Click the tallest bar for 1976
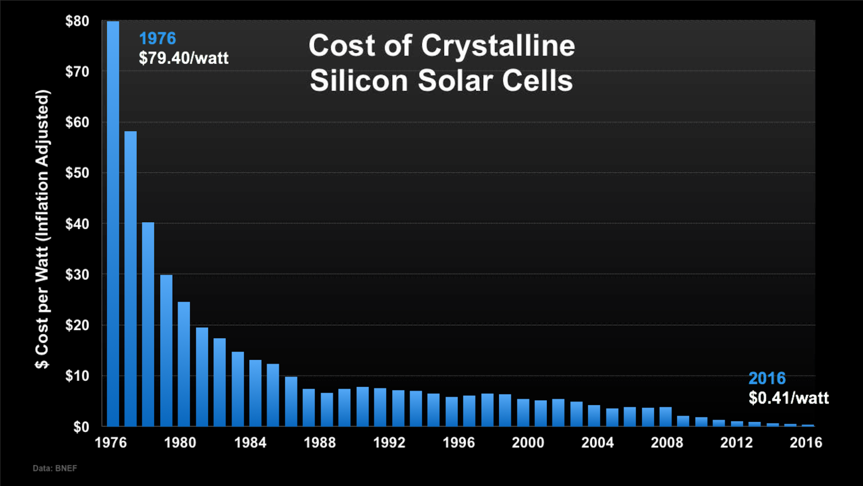click(x=113, y=223)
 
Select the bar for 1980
click(x=184, y=364)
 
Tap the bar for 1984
click(x=255, y=393)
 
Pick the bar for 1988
click(x=327, y=409)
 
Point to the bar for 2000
click(x=523, y=413)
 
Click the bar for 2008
click(x=666, y=416)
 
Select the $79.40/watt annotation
click(x=184, y=58)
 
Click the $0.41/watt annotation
click(x=788, y=398)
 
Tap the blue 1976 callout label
click(x=157, y=38)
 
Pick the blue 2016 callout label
click(x=766, y=378)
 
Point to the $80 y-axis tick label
click(x=77, y=21)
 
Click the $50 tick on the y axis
click(x=77, y=173)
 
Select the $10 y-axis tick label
click(x=77, y=376)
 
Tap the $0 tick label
click(x=81, y=427)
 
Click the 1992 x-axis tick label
click(x=389, y=442)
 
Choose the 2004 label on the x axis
click(x=597, y=442)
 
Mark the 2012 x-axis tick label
click(x=736, y=442)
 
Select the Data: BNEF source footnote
click(x=54, y=468)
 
